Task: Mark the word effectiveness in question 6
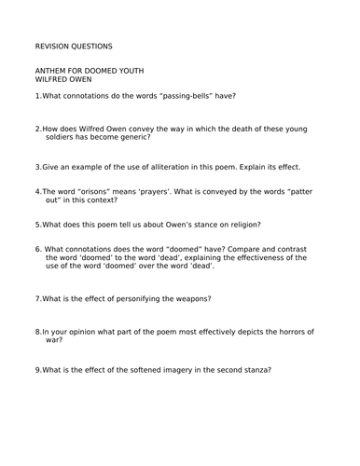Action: [x=271, y=257]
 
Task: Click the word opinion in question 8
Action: [x=85, y=331]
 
